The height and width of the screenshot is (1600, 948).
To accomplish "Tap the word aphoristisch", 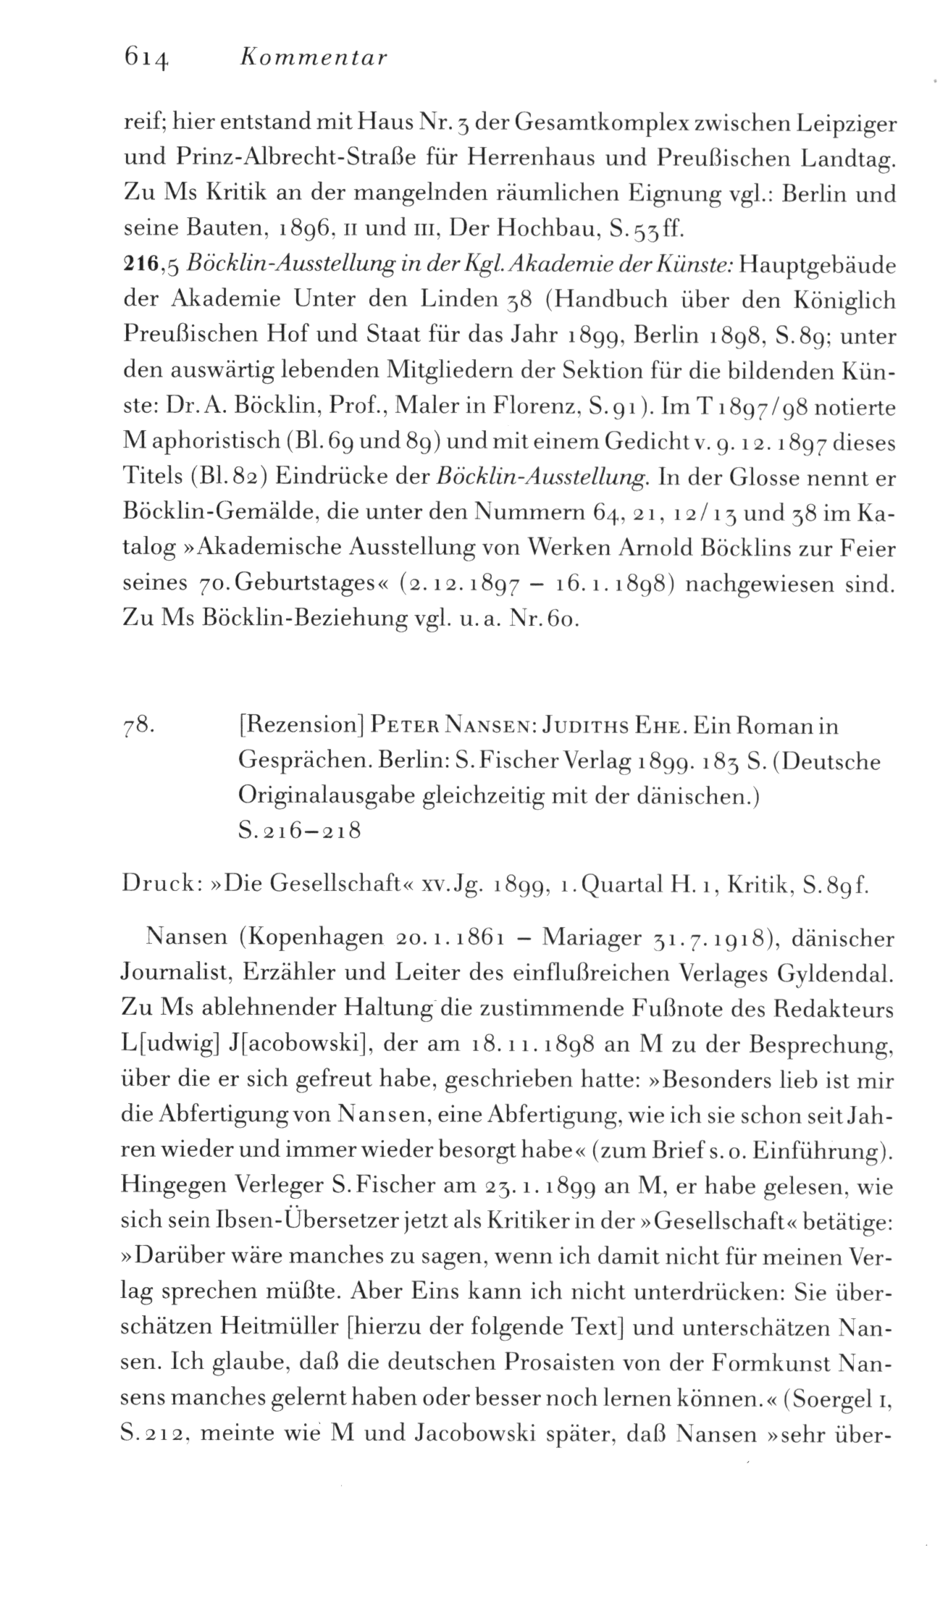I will tap(211, 443).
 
